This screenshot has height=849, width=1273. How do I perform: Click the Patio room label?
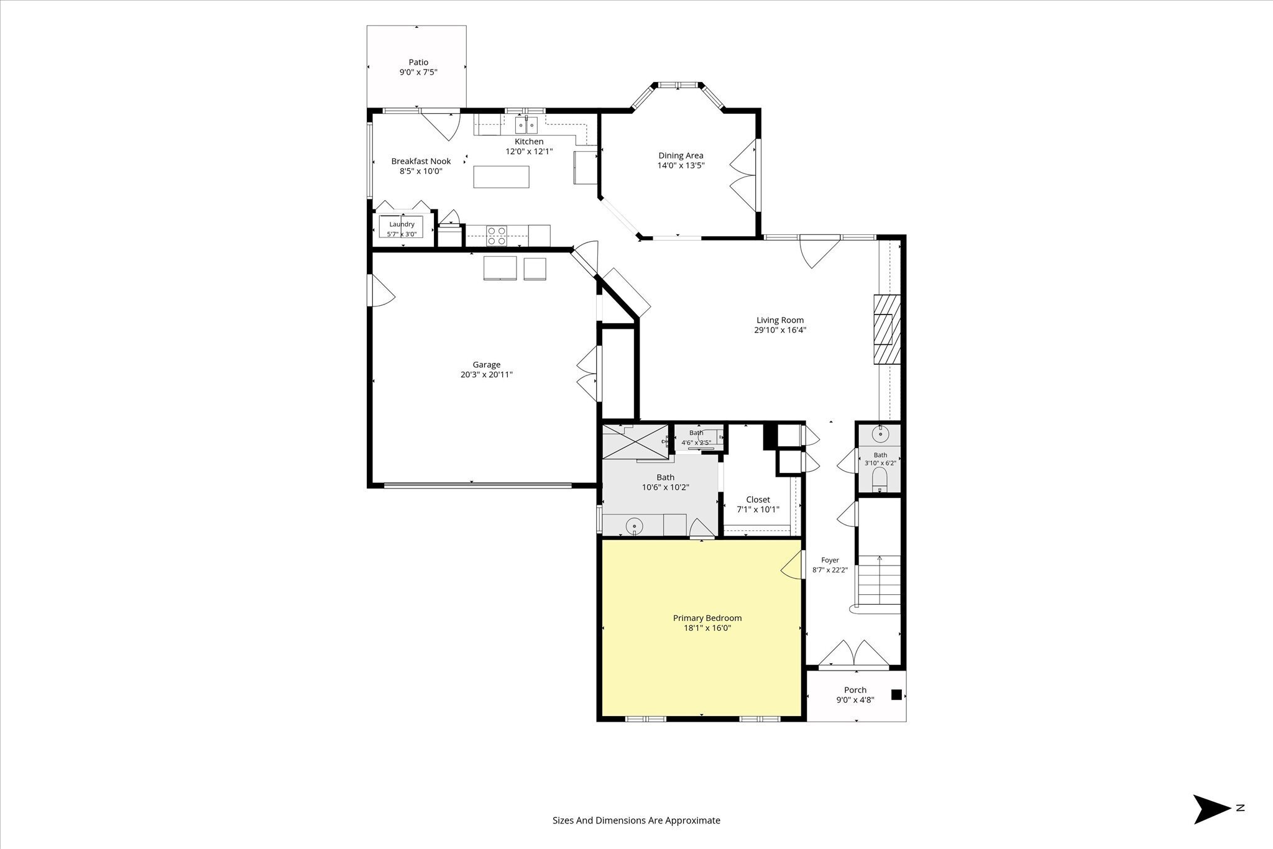click(418, 62)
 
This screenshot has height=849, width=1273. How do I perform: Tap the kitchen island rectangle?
click(501, 177)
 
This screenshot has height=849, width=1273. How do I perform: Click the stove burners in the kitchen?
click(496, 236)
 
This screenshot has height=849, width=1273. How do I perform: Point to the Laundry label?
click(402, 224)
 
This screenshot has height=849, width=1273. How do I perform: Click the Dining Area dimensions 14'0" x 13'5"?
click(681, 165)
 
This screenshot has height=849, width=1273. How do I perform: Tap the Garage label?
click(487, 365)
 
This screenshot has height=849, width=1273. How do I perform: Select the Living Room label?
click(780, 320)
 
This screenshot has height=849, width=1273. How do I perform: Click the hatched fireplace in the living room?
click(886, 329)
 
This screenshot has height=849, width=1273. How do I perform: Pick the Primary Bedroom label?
click(707, 618)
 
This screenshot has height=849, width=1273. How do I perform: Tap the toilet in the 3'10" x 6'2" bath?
click(880, 479)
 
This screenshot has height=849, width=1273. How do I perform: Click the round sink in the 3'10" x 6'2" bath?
click(880, 433)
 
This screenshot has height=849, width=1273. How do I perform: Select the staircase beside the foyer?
click(879, 581)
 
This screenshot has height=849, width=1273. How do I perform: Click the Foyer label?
click(830, 560)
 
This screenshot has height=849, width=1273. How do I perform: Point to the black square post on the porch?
click(896, 695)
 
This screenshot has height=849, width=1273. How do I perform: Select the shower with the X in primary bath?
click(635, 441)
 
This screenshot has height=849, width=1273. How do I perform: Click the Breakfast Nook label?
click(421, 161)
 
